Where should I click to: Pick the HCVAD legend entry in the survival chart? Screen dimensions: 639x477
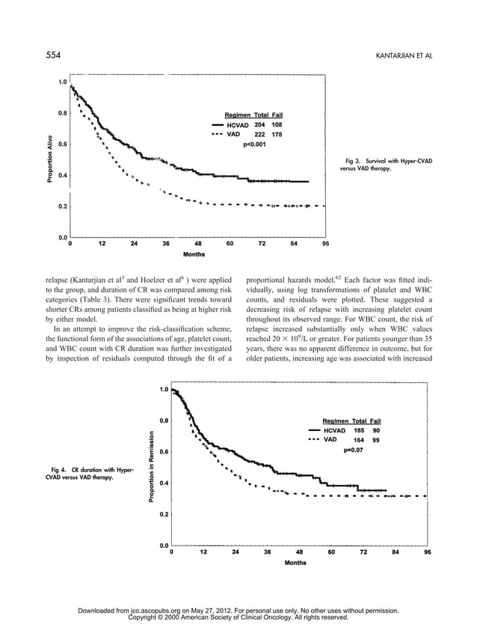point(238,124)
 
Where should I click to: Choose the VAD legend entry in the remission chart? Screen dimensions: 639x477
point(330,440)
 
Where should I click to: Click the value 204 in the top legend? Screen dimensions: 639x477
point(259,124)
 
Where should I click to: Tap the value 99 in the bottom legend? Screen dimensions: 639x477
point(376,440)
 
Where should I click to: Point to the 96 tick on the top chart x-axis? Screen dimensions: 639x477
point(325,243)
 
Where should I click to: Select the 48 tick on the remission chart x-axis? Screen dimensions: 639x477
point(299,552)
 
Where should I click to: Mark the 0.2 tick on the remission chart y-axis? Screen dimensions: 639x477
point(162,514)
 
